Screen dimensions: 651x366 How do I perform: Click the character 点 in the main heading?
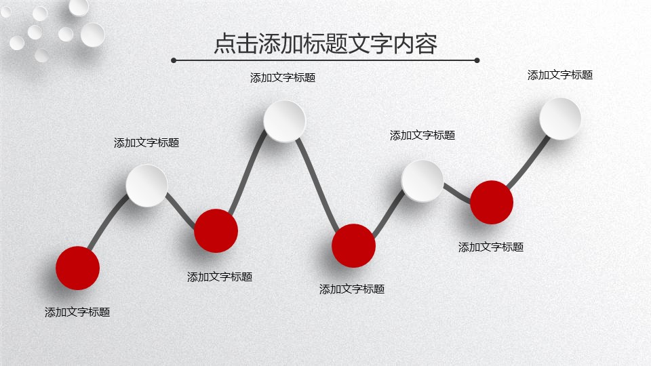click(x=225, y=43)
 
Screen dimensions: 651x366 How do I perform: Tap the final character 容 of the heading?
click(x=427, y=43)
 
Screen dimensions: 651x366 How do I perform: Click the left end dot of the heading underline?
click(x=174, y=60)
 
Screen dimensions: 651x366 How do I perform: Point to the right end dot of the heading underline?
click(x=477, y=60)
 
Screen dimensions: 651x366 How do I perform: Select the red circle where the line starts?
click(x=77, y=268)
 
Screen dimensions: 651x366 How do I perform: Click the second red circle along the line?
click(x=216, y=230)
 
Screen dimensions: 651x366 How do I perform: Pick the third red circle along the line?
click(x=354, y=245)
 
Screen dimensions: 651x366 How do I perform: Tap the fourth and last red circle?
click(x=492, y=203)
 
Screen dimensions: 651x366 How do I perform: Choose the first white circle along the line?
click(x=146, y=186)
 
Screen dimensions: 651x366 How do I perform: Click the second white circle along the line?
click(x=284, y=121)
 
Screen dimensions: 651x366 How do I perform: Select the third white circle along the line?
click(x=422, y=181)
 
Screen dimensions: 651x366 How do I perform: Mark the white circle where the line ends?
click(x=560, y=119)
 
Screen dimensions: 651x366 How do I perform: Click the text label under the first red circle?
click(x=77, y=312)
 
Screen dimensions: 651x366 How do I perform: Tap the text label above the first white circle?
click(x=146, y=143)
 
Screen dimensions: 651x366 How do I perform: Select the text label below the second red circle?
click(x=220, y=277)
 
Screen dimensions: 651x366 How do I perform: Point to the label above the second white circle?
click(x=283, y=77)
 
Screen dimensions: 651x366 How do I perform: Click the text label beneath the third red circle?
click(x=352, y=289)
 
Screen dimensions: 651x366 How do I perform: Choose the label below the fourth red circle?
click(x=491, y=247)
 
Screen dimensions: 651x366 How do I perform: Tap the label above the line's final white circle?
click(x=560, y=75)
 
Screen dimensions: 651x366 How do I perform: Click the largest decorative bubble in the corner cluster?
click(x=93, y=35)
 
